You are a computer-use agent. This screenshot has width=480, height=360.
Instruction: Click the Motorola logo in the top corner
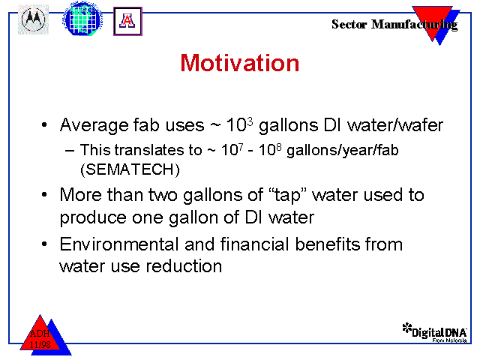tap(33, 19)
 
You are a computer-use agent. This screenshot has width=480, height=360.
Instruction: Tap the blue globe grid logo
tap(82, 19)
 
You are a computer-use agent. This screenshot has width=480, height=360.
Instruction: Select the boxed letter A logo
tap(127, 22)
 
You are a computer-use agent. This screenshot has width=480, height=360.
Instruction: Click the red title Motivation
tap(240, 63)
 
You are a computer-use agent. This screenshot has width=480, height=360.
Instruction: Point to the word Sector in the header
tap(349, 24)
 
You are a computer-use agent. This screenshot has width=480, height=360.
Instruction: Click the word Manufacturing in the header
tap(415, 25)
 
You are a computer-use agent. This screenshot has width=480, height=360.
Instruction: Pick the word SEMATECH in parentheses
tap(130, 169)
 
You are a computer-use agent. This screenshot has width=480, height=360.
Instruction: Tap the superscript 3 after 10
tap(250, 122)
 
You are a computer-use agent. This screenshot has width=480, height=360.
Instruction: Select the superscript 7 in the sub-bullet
tap(241, 148)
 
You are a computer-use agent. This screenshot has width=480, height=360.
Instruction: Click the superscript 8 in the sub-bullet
tap(278, 148)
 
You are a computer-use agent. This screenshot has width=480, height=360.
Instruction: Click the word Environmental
tap(119, 244)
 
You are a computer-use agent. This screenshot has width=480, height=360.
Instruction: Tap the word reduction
tap(184, 265)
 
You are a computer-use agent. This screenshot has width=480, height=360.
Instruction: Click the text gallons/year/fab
tap(343, 151)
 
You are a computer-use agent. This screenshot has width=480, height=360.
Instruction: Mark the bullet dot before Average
tap(44, 125)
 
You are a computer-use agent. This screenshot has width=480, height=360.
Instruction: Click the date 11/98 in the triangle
tap(40, 345)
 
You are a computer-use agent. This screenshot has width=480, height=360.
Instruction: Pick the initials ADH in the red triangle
tap(40, 333)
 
